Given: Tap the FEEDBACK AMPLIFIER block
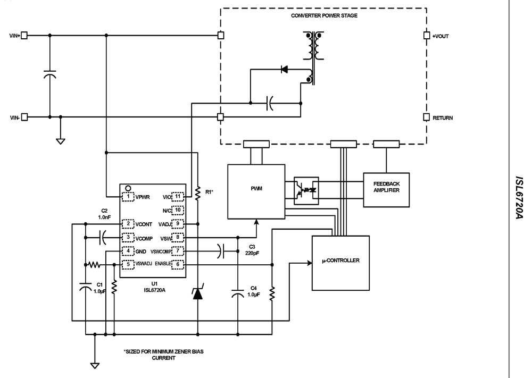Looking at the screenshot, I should (x=386, y=190).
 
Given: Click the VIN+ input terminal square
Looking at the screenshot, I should (x=23, y=36).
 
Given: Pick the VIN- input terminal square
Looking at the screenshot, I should (x=23, y=117).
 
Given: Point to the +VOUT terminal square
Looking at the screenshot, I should (x=426, y=36).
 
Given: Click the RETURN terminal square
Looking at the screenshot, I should (x=426, y=117).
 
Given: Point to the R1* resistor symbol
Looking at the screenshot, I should (x=197, y=195).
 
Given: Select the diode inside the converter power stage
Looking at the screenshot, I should (x=284, y=69).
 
